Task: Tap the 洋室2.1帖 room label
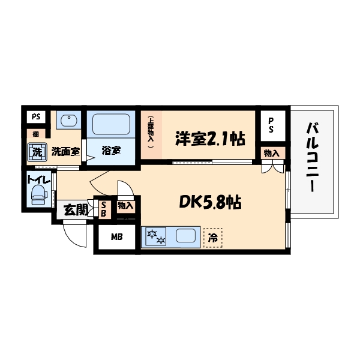coord(209,139)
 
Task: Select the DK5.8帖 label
coord(210,203)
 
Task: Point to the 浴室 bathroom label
coord(110,151)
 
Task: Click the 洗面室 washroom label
coord(65,152)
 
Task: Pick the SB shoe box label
coord(103,208)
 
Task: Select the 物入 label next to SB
coord(125,206)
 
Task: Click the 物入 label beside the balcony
coord(271,153)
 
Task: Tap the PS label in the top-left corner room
coord(36,116)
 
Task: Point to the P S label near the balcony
coord(271,124)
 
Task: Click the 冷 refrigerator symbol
coord(212,238)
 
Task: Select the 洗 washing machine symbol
coord(37,152)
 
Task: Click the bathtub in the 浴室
coord(111,125)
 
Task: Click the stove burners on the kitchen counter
coord(155,237)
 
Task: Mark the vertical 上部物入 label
coord(151,133)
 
